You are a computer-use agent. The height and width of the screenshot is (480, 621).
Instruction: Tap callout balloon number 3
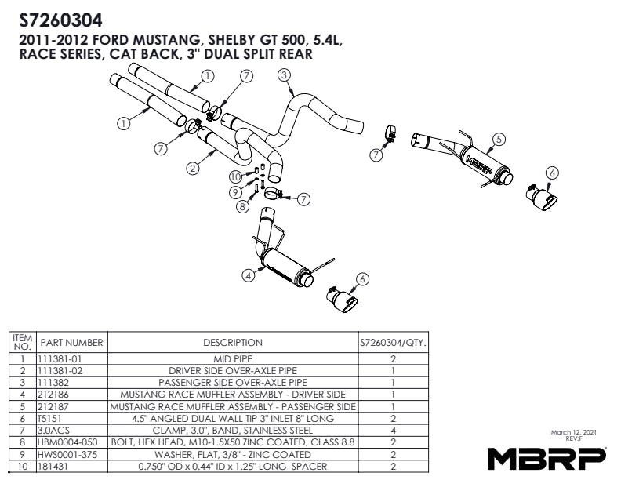[285, 75]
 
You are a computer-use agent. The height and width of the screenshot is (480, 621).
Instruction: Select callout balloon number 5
[498, 140]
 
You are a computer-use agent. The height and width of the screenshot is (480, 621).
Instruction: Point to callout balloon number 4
[248, 275]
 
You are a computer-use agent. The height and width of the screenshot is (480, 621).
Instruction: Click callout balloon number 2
[191, 167]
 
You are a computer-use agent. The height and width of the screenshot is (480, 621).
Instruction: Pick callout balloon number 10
[234, 177]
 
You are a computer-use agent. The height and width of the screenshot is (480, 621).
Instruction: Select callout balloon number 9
[234, 192]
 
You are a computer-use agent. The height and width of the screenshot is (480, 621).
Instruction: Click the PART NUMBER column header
[72, 343]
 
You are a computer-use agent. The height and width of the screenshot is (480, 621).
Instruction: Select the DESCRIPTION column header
[233, 343]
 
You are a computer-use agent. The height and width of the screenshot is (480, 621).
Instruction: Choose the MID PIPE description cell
[233, 358]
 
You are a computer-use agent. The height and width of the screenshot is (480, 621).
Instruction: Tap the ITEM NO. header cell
[22, 342]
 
